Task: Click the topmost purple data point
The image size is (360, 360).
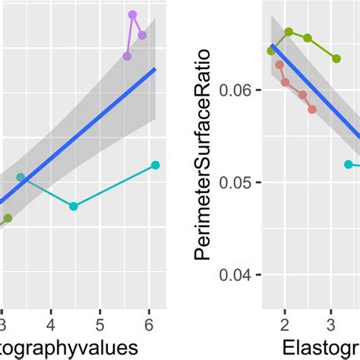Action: pos(132,14)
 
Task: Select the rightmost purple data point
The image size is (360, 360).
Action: pos(142,35)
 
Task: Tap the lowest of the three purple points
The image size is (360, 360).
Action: pos(127,55)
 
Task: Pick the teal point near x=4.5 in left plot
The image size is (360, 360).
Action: pos(73,206)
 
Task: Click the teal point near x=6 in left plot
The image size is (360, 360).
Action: pos(155,165)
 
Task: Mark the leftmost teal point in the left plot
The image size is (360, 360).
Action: pos(21,178)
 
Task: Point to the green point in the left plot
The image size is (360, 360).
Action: pos(8,218)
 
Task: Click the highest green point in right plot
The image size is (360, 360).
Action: pos(289,32)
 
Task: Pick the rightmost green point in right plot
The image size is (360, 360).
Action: pos(336,58)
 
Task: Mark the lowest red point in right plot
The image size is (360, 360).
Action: pos(312,109)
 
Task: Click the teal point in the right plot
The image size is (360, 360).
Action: pos(349,164)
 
